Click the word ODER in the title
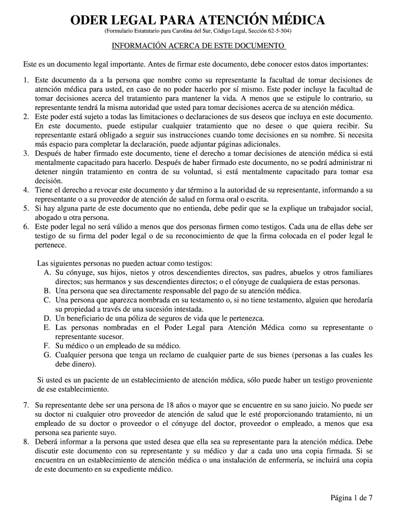point(91,21)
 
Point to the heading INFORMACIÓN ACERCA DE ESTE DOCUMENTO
point(198,46)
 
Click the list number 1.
point(26,80)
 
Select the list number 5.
point(26,208)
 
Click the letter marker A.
point(47,272)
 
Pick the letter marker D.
point(47,318)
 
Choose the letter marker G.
point(47,355)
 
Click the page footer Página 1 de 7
point(351,497)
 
